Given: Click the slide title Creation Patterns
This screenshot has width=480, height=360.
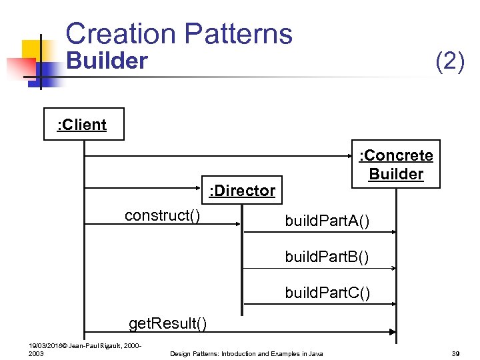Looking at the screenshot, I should (179, 33).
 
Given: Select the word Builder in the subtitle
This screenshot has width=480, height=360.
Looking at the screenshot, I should (107, 61).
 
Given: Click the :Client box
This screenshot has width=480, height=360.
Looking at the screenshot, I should (83, 125).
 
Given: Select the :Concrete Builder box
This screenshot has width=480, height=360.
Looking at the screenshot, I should (396, 165).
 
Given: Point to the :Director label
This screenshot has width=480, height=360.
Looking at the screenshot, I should (242, 191).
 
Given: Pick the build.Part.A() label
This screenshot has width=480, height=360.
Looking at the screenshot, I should (327, 221).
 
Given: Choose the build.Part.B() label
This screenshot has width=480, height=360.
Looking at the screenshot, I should (327, 256).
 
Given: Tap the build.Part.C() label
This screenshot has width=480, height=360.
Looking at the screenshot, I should (327, 292).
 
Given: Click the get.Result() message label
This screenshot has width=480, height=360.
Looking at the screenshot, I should (167, 324).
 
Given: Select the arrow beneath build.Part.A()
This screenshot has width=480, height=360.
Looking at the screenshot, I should (319, 232).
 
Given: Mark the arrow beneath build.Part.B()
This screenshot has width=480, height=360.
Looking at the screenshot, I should (319, 268).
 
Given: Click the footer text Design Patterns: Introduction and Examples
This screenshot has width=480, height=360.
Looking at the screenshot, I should (247, 353).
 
